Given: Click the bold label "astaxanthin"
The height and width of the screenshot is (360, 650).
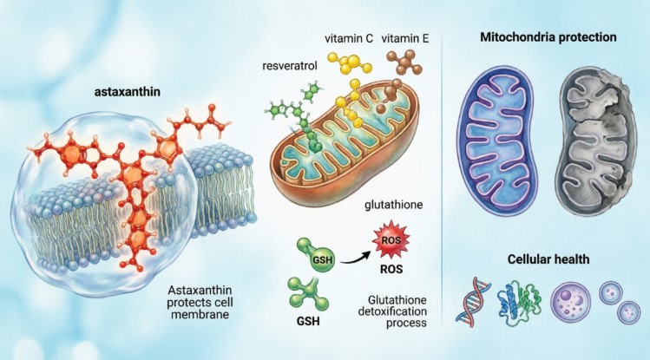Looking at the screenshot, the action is coord(128,92).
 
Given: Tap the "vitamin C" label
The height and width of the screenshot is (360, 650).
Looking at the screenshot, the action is coord(349,39).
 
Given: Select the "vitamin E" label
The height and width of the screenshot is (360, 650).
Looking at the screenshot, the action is coord(405,39).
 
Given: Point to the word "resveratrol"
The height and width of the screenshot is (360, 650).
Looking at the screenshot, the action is coord(290,65).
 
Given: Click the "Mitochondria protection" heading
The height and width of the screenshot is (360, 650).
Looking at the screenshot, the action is coord(548,37).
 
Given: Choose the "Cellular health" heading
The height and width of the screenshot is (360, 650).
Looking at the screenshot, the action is coord(548,259).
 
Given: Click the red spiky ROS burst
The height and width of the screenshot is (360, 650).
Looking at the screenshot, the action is coord(391,240).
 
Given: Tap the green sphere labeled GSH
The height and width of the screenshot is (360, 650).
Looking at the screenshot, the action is coord(322,259).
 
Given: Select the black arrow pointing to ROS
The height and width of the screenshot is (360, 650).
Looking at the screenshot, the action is coord(355,259).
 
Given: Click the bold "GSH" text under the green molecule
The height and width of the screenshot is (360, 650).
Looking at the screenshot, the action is coord(308,321).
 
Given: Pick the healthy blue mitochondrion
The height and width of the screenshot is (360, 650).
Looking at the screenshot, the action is coord(497,141).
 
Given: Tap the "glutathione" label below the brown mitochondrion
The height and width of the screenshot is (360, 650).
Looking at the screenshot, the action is coord(394,205).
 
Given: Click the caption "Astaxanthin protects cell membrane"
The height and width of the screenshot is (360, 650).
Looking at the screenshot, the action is coord(200,302).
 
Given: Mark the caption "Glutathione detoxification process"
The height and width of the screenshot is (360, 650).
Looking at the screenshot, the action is coord(392,311).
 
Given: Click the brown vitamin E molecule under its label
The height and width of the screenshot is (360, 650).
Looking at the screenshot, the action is coord(404,62).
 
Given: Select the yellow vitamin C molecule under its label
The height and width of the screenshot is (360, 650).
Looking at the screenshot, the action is coord(349,63).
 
